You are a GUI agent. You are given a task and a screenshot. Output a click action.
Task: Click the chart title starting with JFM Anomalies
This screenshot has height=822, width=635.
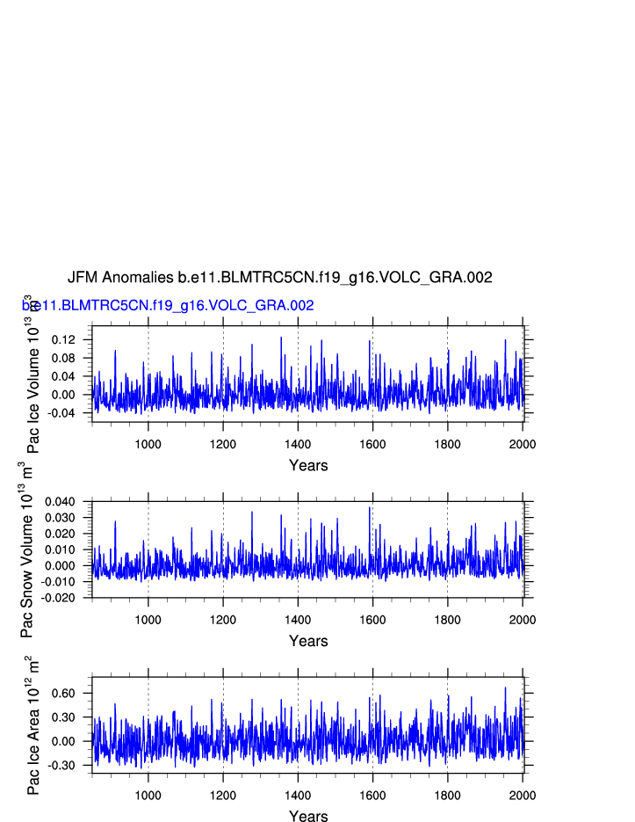coord(279,278)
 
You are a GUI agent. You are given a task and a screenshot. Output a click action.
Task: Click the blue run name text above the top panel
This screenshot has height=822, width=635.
coord(168,306)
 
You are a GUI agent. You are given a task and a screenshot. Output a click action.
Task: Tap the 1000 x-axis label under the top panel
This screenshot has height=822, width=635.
coord(148,443)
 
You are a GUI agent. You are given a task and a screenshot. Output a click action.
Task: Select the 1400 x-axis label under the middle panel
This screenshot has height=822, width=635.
coord(298,619)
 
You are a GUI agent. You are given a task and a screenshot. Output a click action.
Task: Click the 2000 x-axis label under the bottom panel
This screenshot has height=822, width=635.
coord(522,795)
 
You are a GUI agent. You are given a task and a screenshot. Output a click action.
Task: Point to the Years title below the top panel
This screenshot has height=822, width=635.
coord(308,466)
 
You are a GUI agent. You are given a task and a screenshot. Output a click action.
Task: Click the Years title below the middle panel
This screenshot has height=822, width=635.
coord(308,642)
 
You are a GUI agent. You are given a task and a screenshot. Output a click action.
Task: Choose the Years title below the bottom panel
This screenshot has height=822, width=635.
coord(308,817)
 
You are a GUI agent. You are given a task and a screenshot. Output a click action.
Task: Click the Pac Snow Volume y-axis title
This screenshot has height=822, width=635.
coord(26,549)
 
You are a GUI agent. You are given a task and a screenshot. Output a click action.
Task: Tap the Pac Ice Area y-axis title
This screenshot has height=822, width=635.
coord(33,725)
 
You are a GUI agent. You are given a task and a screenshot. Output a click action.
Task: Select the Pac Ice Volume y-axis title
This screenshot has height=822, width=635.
coord(32,374)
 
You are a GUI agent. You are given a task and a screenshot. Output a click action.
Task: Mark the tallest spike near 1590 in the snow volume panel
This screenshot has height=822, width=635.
coord(370,507)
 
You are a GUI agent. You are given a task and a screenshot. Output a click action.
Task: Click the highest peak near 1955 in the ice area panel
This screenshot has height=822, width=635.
coord(505,688)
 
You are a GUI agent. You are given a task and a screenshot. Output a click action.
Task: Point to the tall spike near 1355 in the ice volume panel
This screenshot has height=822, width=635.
coord(281,338)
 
